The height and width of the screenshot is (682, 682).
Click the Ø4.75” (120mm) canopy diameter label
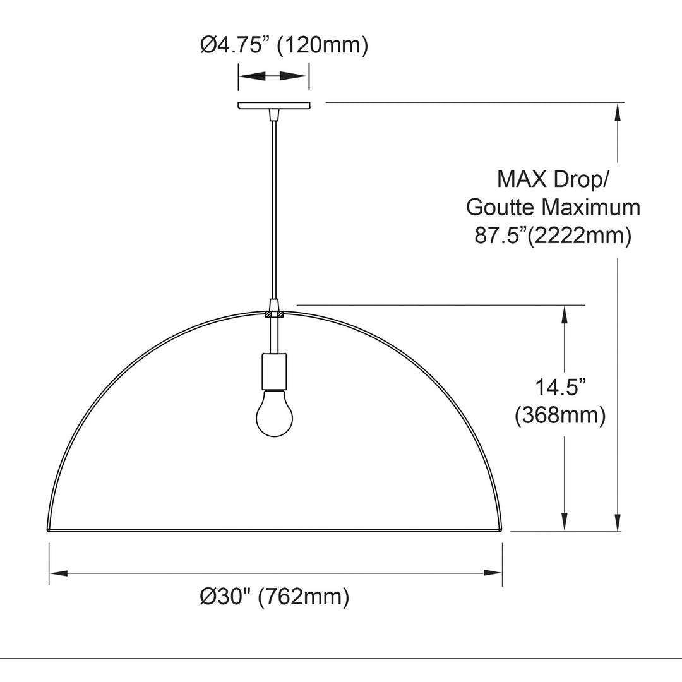pyautogui.click(x=284, y=45)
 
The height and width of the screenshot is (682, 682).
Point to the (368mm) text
pyautogui.click(x=559, y=416)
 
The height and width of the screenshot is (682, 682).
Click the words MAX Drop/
pyautogui.click(x=553, y=179)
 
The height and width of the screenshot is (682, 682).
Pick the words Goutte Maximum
pyautogui.click(x=553, y=207)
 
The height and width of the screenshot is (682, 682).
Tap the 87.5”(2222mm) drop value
pyautogui.click(x=553, y=236)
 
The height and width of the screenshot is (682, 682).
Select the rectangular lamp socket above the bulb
pyautogui.click(x=274, y=371)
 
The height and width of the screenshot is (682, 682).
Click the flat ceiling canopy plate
pyautogui.click(x=274, y=105)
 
